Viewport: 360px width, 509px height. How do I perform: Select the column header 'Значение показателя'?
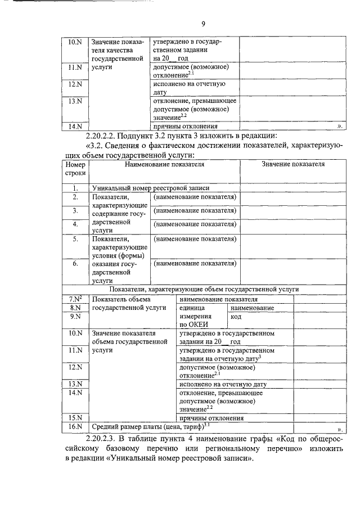(292, 164)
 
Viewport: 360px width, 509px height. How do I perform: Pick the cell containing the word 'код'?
(236, 317)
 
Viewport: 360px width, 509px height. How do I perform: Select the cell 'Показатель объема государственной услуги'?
(129, 304)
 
